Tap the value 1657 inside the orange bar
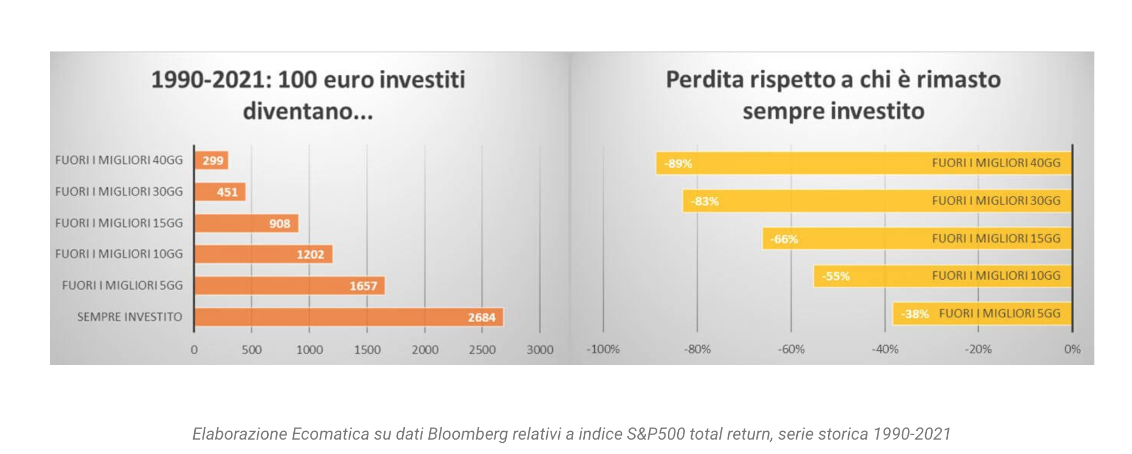click(363, 286)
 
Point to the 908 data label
click(279, 224)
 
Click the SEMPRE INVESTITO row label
click(129, 317)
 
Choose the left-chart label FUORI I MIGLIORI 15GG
click(119, 223)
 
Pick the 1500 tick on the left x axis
click(367, 350)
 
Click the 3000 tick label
click(539, 350)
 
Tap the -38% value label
click(915, 314)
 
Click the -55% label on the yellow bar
click(835, 276)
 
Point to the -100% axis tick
click(603, 349)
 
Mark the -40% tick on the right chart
click(885, 349)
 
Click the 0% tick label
click(1072, 349)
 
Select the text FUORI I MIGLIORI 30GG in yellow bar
click(996, 200)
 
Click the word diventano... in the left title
click(308, 111)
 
